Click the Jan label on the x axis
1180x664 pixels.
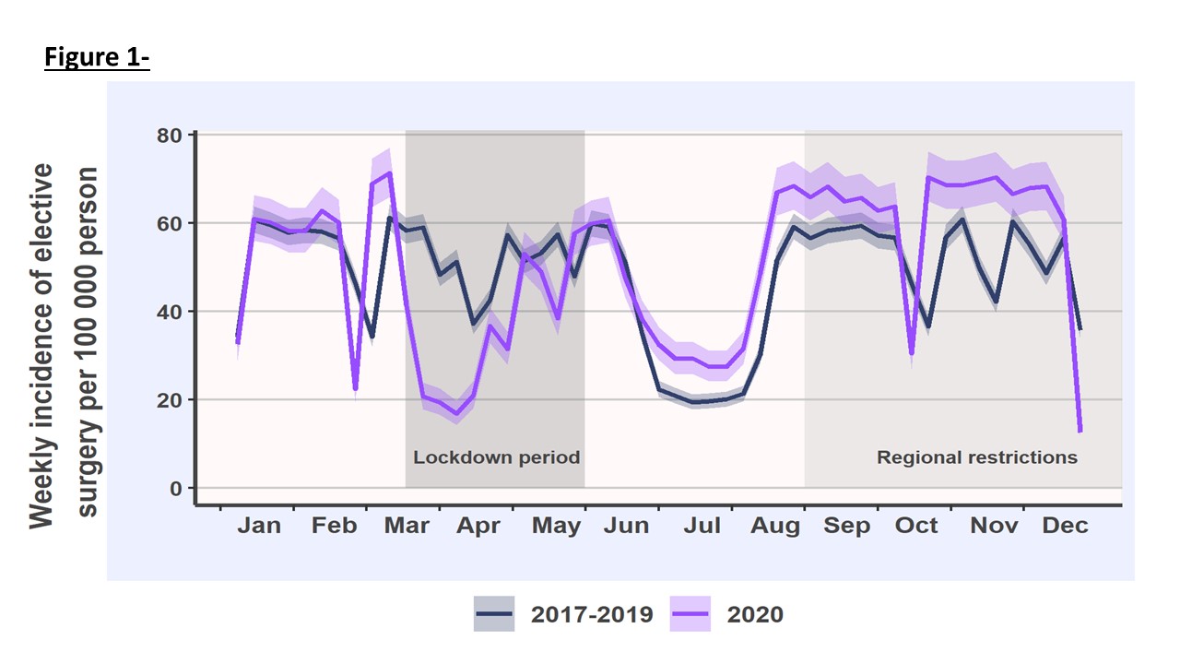259,526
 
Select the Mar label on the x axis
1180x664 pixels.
407,526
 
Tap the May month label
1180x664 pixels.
556,527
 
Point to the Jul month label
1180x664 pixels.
702,526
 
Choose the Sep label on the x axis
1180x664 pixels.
846,526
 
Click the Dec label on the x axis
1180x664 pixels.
1065,526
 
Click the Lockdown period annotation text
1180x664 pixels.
496,457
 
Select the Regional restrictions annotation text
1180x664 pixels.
976,457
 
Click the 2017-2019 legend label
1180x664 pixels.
592,614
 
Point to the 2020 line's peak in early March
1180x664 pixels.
390,173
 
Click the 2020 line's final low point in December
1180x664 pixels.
1080,430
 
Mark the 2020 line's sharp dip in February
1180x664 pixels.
355,388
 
